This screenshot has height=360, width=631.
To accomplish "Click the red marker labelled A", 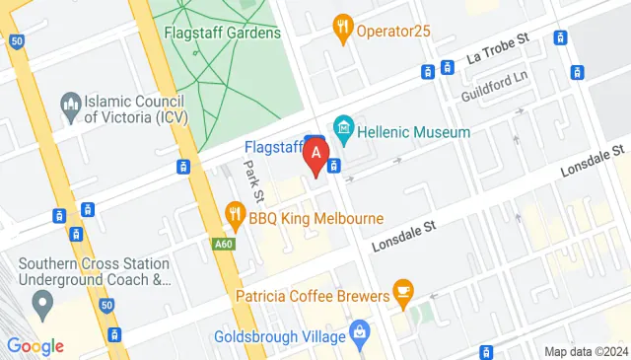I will (316, 155).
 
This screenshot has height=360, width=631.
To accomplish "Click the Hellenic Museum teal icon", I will (343, 127).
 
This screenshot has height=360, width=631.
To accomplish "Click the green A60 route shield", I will (223, 243).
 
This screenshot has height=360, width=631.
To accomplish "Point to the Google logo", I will (35, 345).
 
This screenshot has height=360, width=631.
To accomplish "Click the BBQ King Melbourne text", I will (315, 217).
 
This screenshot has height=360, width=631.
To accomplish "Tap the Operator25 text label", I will (394, 31).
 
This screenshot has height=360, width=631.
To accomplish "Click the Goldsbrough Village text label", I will (281, 336).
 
